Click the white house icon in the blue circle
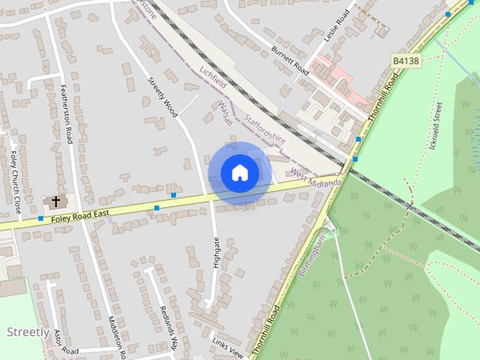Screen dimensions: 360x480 click(239, 172)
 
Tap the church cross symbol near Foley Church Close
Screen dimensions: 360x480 click(55, 202)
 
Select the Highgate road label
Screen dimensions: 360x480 click(217, 253)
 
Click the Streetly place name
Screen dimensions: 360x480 click(28, 332)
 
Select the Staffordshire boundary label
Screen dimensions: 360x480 click(266, 128)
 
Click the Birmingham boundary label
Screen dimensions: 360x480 click(313, 256)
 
